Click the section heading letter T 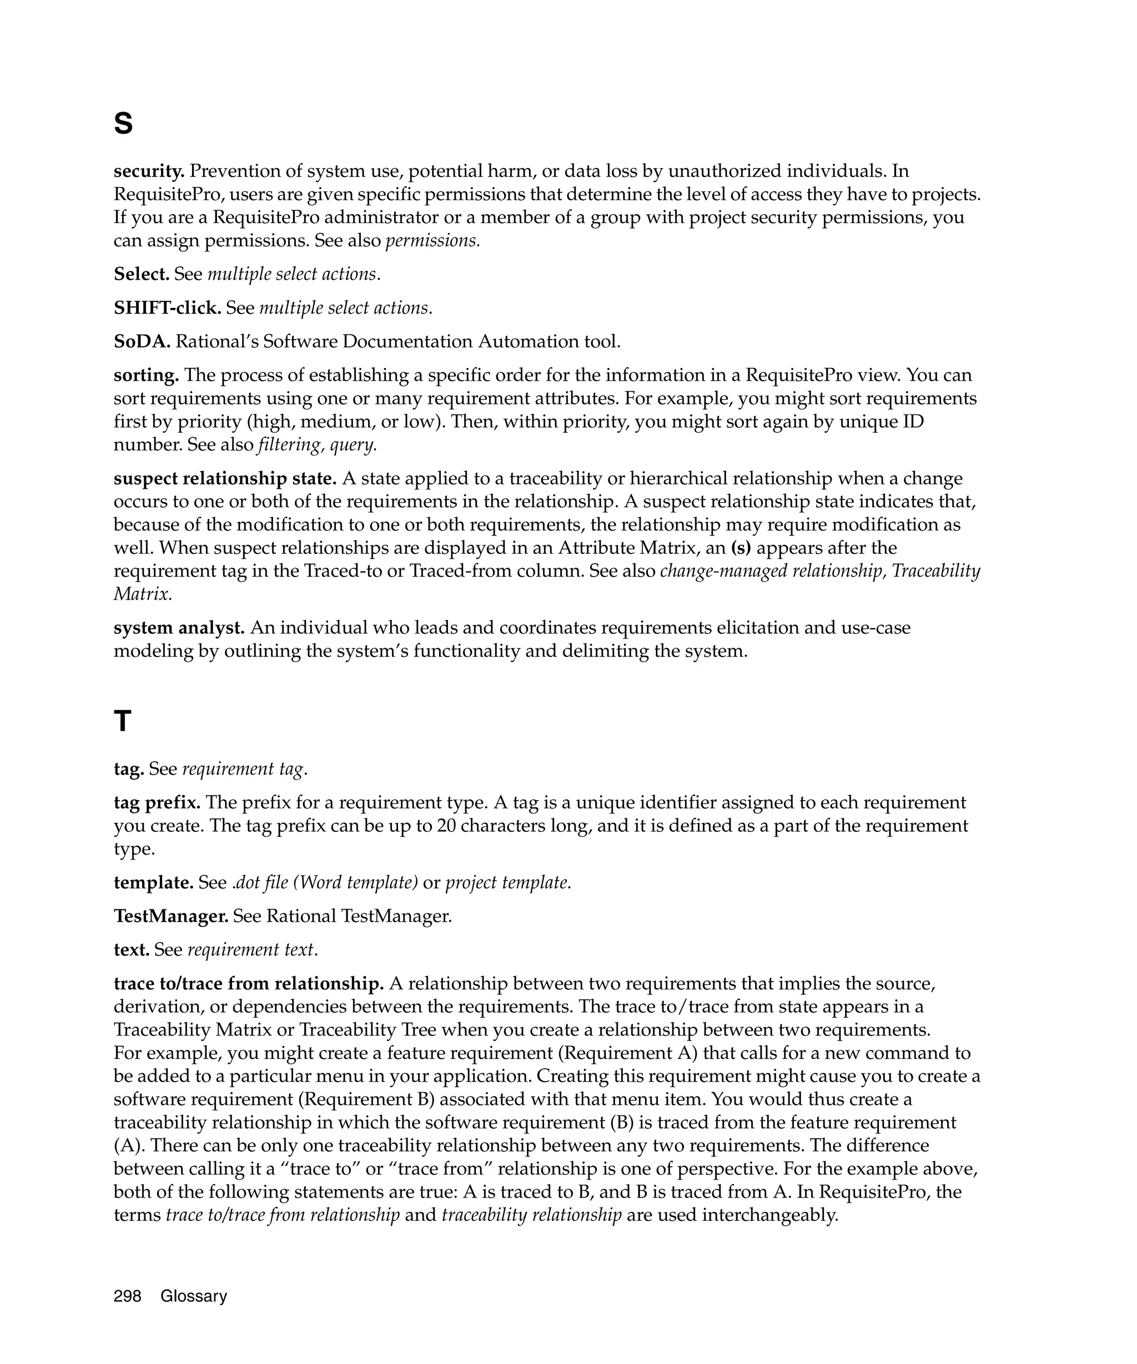pyautogui.click(x=122, y=721)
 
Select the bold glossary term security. pyautogui.click(x=149, y=171)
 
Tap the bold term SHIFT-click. pyautogui.click(x=167, y=308)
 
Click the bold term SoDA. pyautogui.click(x=142, y=342)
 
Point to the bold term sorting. pyautogui.click(x=146, y=376)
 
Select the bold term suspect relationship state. pyautogui.click(x=225, y=479)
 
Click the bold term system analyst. pyautogui.click(x=179, y=628)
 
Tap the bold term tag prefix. pyautogui.click(x=157, y=803)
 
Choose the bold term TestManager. pyautogui.click(x=171, y=917)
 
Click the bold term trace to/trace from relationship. pyautogui.click(x=249, y=984)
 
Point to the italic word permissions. pyautogui.click(x=432, y=241)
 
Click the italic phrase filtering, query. pyautogui.click(x=317, y=445)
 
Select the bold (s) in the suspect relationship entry pyautogui.click(x=741, y=548)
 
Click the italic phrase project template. pyautogui.click(x=507, y=883)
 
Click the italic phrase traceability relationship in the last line pyautogui.click(x=531, y=1215)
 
